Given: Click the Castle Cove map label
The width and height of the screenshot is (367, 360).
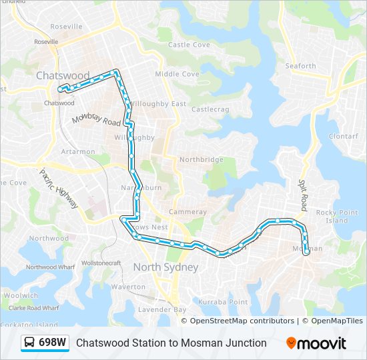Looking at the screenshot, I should pos(189,45).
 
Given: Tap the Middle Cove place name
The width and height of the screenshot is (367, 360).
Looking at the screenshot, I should pos(177,74).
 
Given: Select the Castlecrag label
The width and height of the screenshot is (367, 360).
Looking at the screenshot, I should pos(210,109).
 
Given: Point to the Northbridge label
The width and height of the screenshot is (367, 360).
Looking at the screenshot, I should pos(201,160).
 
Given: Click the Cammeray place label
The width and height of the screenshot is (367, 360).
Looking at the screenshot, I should pos(188,211).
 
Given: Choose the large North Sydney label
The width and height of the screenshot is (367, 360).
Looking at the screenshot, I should pos(165,267).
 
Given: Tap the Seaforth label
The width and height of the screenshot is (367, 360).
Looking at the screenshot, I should pos(300,66).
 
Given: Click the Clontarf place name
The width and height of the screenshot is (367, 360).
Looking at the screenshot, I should pos(343,136).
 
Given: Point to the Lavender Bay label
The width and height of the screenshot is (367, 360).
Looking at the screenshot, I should pos(162,310).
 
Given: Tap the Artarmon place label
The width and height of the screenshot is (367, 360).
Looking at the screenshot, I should pos(78,152).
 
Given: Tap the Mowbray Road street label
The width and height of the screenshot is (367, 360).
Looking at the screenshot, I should pos(97,119).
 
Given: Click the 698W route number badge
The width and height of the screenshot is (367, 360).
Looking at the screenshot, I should pos(53,343).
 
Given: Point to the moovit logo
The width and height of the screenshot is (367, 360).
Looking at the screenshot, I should pos(316,343).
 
